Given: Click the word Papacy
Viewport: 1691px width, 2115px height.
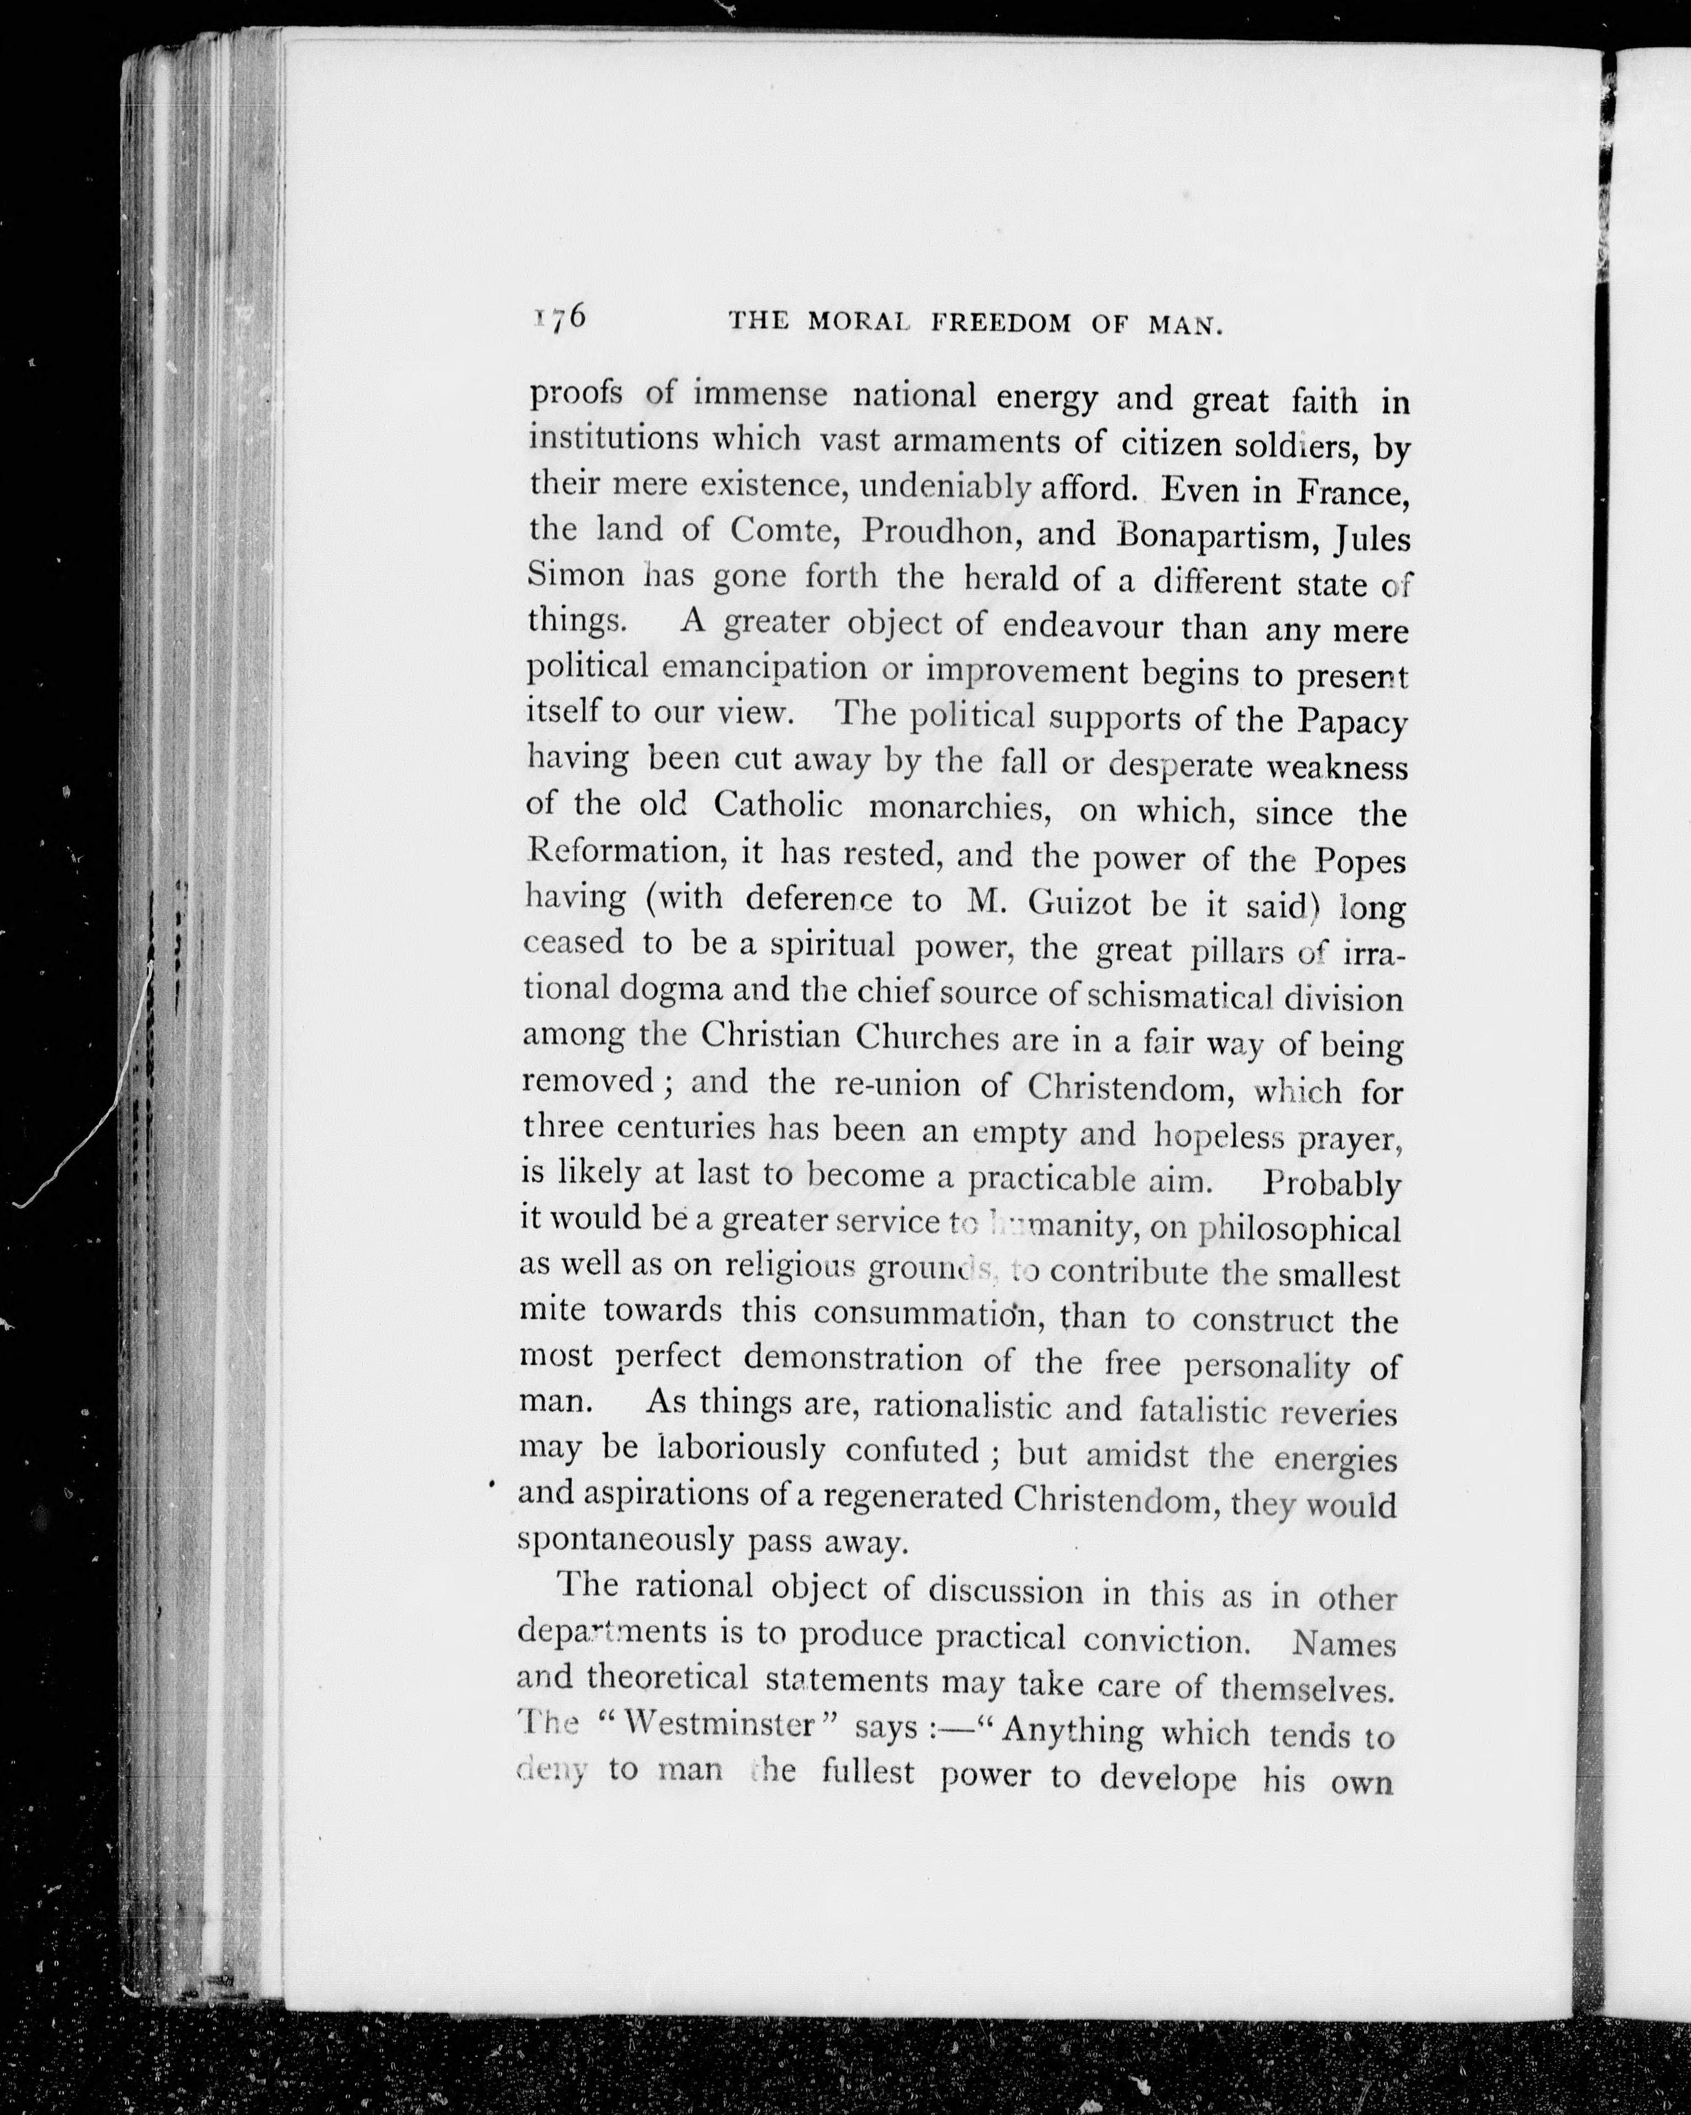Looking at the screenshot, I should pos(1352,722).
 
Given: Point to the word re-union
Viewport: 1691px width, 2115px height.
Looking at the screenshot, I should pos(896,1084).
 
